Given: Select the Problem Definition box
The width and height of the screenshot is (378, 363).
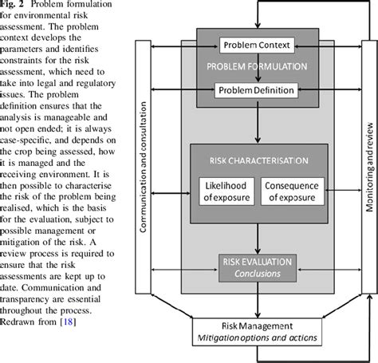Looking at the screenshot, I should coord(256,90).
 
